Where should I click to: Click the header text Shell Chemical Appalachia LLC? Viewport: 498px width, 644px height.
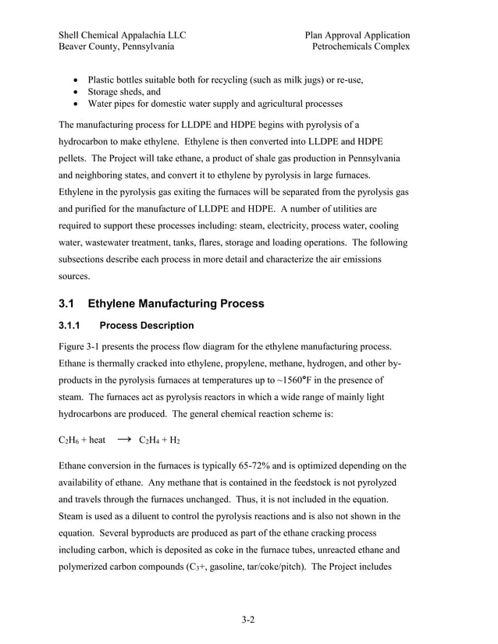coord(122,35)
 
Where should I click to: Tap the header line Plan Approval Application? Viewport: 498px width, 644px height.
coord(357,35)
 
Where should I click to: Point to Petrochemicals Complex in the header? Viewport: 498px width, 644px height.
coord(361,47)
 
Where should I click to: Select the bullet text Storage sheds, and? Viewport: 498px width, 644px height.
coord(123,91)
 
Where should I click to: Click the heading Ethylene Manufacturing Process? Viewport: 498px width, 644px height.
coord(176,303)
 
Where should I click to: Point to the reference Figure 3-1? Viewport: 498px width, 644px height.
coord(82,346)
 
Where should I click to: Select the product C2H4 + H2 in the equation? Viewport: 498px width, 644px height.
coord(159,441)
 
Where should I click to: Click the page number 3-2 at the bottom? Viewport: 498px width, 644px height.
coord(248,621)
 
